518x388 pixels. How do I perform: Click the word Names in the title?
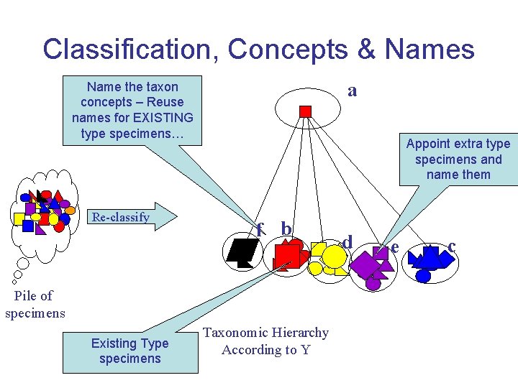pos(430,49)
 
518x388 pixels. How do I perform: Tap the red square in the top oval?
pos(305,111)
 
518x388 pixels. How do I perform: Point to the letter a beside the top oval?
pos(352,91)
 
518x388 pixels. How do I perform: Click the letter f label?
pos(260,229)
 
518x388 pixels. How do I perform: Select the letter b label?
pos(286,228)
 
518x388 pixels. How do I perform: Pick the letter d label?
pos(347,242)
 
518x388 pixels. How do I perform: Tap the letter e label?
pos(394,246)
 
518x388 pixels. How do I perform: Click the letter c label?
pos(451,246)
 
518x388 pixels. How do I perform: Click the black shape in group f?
pos(243,251)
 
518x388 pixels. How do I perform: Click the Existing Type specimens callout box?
pos(129,351)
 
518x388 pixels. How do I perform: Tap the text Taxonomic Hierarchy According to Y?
pos(265,341)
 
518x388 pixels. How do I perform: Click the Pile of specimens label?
pos(35,304)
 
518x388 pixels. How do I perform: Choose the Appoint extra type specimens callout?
pos(458,159)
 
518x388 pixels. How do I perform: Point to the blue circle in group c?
pos(424,276)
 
